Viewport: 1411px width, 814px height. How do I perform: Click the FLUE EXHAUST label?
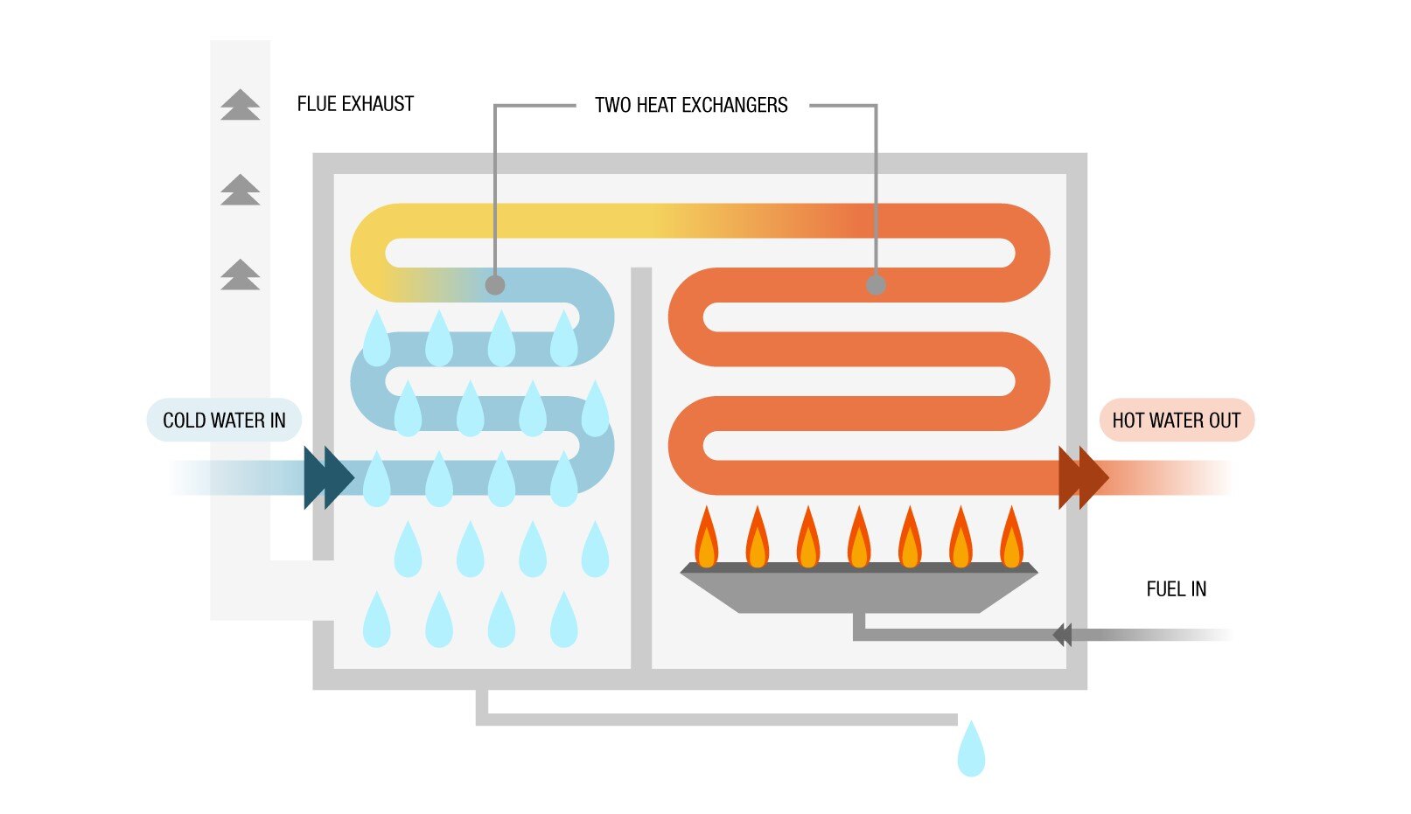pyautogui.click(x=355, y=104)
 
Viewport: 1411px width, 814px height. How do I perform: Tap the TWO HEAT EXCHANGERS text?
pyautogui.click(x=691, y=106)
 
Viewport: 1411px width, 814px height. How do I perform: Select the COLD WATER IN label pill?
pyautogui.click(x=224, y=421)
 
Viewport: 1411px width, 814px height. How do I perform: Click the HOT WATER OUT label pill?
pyautogui.click(x=1176, y=421)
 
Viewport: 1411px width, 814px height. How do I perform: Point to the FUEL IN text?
pyautogui.click(x=1176, y=589)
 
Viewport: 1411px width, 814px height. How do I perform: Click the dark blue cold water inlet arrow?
pyautogui.click(x=329, y=477)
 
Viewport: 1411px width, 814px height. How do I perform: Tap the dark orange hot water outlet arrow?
pyautogui.click(x=1083, y=477)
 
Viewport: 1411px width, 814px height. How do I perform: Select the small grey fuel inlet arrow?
pyautogui.click(x=1063, y=635)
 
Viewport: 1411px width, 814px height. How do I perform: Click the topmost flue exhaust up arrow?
pyautogui.click(x=241, y=104)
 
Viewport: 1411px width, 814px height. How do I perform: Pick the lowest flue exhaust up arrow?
pyautogui.click(x=241, y=275)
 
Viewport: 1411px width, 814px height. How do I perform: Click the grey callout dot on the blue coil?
pyautogui.click(x=495, y=285)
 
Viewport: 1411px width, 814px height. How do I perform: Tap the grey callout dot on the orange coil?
pyautogui.click(x=876, y=285)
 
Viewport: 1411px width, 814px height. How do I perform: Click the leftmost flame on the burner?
pyautogui.click(x=706, y=539)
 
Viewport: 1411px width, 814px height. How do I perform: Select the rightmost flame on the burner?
pyautogui.click(x=1012, y=539)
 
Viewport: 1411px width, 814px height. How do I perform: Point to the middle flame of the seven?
pyautogui.click(x=859, y=539)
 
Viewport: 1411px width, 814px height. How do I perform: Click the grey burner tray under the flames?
pyautogui.click(x=859, y=590)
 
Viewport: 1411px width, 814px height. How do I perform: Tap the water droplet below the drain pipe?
pyautogui.click(x=971, y=751)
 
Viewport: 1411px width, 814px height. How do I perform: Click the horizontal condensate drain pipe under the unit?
pyautogui.click(x=717, y=720)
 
